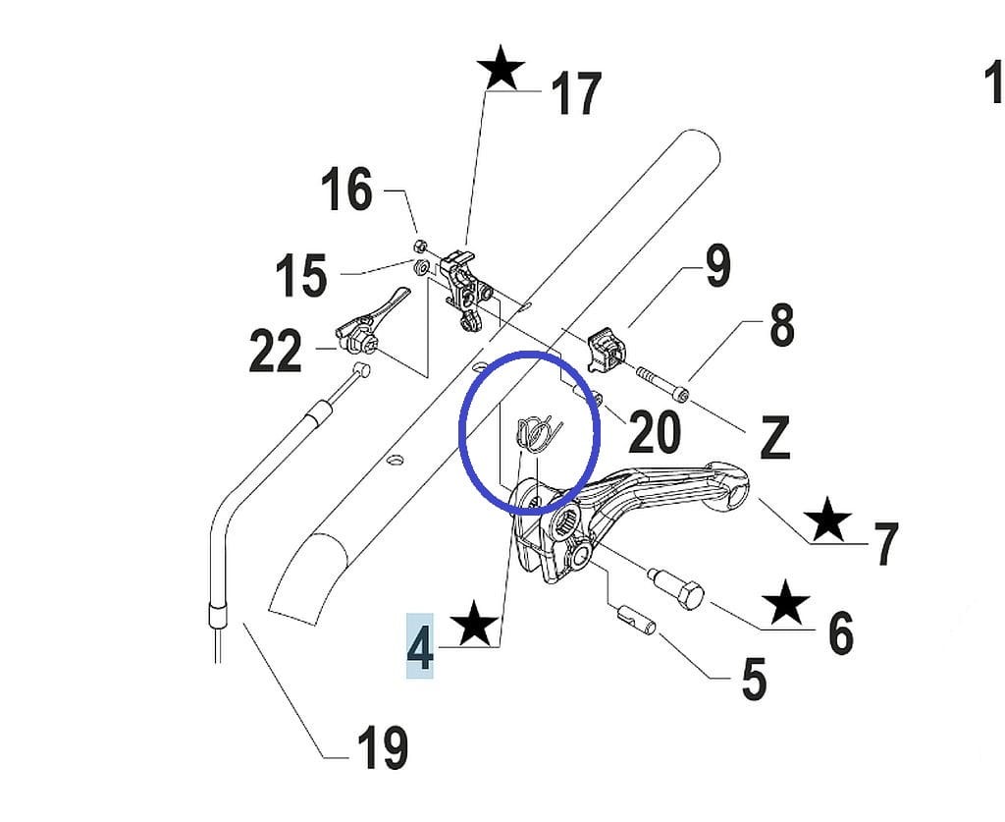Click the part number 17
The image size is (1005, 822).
575,95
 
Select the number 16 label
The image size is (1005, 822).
347,190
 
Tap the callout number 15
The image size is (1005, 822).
300,276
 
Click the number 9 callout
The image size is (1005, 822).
717,266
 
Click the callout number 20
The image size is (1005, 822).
655,432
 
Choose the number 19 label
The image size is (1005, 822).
382,748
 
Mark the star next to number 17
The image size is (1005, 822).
502,70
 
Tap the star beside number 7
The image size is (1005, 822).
829,519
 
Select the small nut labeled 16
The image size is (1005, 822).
418,245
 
